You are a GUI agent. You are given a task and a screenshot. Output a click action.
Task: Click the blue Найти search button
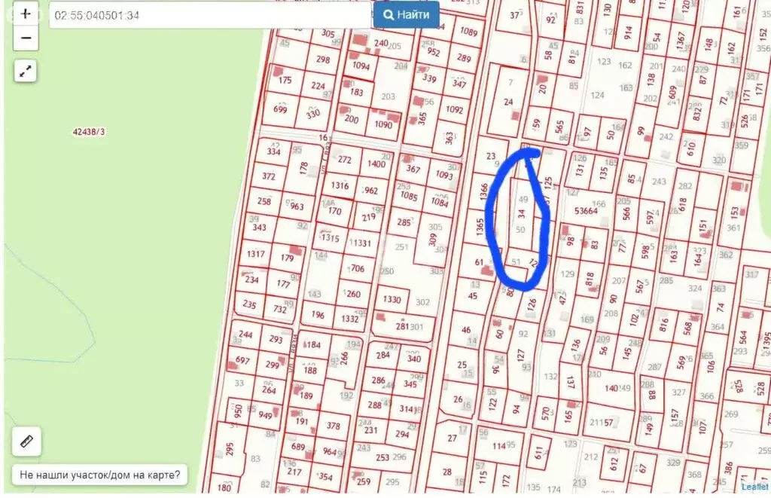point(406,14)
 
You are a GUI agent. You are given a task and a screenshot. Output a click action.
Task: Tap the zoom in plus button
point(26,14)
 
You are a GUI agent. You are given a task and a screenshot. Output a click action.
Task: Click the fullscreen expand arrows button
point(26,72)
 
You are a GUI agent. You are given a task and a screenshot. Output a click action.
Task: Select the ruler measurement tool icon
point(26,441)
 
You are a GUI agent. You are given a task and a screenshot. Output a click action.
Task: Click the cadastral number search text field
point(211,14)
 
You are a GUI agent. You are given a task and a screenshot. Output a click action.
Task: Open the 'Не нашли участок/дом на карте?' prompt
point(100,475)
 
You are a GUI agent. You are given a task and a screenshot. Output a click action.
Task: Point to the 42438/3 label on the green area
point(89,131)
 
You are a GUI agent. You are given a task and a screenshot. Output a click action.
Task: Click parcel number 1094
point(361,66)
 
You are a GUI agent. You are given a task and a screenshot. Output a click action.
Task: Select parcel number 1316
point(340,186)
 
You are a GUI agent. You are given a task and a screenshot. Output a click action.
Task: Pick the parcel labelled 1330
point(392,299)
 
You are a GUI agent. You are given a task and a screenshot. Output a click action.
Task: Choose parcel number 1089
point(469,32)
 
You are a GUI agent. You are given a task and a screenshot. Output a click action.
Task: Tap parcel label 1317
point(255,254)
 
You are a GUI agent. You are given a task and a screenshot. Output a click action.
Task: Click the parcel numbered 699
point(280,110)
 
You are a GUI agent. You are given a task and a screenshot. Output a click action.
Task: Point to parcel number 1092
point(454,110)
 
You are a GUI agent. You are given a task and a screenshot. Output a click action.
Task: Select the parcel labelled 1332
point(350,319)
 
